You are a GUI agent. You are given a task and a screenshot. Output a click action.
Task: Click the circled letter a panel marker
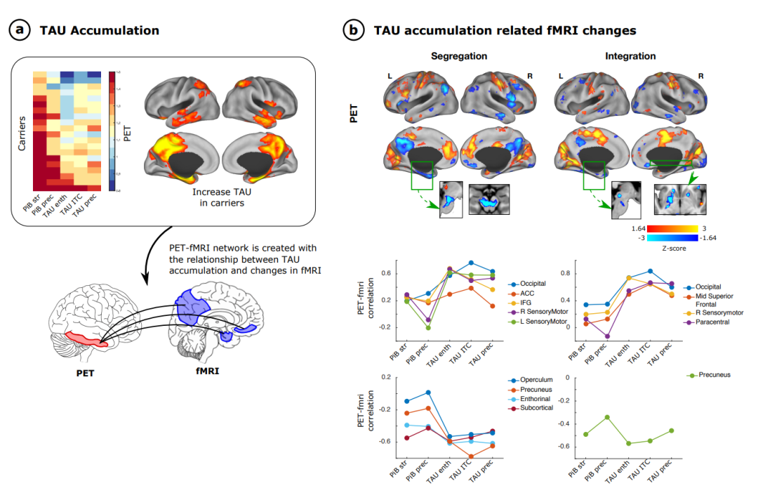pyautogui.click(x=19, y=30)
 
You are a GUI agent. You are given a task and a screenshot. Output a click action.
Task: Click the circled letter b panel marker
pyautogui.click(x=352, y=30)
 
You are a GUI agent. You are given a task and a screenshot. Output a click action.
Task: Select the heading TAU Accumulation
pyautogui.click(x=99, y=30)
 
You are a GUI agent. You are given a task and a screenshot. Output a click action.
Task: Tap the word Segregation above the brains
pyautogui.click(x=458, y=55)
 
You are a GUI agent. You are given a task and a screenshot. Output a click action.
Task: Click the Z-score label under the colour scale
pyautogui.click(x=673, y=248)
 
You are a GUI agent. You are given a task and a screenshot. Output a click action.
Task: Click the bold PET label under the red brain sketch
pyautogui.click(x=85, y=373)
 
